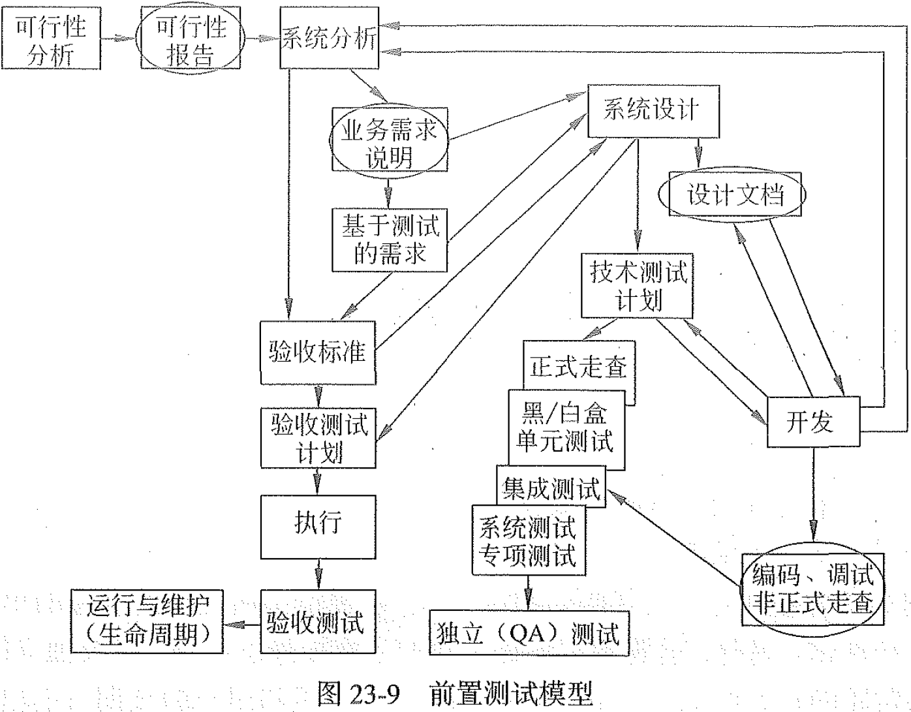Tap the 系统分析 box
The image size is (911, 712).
point(329,39)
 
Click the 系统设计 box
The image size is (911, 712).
point(653,110)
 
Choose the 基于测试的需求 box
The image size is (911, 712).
point(390,240)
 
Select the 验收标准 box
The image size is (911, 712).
point(318,353)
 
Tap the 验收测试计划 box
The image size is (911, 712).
point(318,438)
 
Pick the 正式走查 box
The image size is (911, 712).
point(578,366)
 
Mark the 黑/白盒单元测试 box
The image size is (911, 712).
point(566,427)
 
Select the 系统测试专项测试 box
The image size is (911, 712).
point(528,540)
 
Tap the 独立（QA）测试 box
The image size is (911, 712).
point(529,633)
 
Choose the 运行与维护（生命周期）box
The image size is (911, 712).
point(147,621)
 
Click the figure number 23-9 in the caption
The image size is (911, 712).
point(375,693)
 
